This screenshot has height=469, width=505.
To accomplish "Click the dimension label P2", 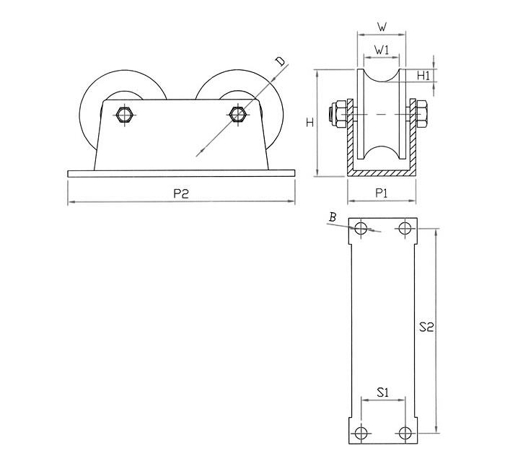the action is pos(180,193).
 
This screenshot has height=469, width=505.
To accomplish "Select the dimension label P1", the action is pos(382,193).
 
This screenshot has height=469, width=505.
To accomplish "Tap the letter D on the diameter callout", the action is pos(281,61).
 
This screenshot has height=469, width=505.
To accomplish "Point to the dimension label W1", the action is pos(382,50).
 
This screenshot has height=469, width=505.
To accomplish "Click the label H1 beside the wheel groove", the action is pos(423,76).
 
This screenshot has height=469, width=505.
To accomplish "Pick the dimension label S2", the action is pos(427,328).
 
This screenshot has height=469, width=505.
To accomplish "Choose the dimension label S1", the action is pos(382,393).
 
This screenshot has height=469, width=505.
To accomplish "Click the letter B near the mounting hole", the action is pos(333,218).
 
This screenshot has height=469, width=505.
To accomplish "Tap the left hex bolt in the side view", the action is pos(123,114).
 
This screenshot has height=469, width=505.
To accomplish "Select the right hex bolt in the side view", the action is pos(237,114).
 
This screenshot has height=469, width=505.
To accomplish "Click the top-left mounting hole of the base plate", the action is pos(361,229).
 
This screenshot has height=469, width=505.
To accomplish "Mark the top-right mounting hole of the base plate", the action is pos(405,229).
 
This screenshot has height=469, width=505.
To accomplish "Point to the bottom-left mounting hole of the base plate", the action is pos(361,433).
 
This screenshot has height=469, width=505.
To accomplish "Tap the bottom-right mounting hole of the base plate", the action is pos(405,433).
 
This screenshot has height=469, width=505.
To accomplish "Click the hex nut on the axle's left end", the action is pos(338,115).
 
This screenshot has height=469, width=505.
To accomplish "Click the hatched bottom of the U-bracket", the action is pos(382,173).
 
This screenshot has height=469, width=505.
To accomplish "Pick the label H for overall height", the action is pos(309,123).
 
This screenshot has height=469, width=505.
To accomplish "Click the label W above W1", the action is pos(382,27).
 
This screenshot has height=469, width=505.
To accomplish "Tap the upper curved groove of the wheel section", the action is pos(382,75).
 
